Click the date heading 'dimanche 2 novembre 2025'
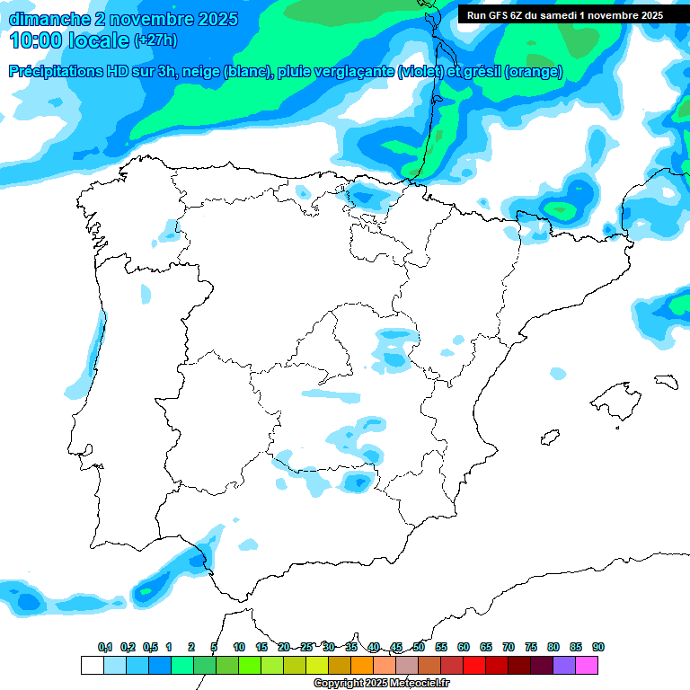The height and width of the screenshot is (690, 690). pyautogui.click(x=123, y=19)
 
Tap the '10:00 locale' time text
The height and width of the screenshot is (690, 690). pyautogui.click(x=70, y=40)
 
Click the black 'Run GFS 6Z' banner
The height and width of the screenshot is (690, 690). pyautogui.click(x=564, y=14)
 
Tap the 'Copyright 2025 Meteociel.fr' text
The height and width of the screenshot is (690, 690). pyautogui.click(x=381, y=684)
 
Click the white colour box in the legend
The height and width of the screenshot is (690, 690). pyautogui.click(x=92, y=666)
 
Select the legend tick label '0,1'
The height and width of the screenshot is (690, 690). pyautogui.click(x=105, y=648)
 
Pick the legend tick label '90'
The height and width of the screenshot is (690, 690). pyautogui.click(x=598, y=648)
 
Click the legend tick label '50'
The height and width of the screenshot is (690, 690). pyautogui.click(x=419, y=648)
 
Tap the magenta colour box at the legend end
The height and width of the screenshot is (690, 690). pyautogui.click(x=587, y=666)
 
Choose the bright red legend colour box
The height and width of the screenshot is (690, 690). pyautogui.click(x=474, y=666)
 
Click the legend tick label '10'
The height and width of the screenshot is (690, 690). pyautogui.click(x=239, y=648)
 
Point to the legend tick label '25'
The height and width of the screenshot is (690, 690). pyautogui.click(x=306, y=648)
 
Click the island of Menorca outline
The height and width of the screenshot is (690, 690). pyautogui.click(x=666, y=382)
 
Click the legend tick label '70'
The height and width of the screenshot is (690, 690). pyautogui.click(x=509, y=648)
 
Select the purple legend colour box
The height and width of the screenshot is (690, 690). pyautogui.click(x=564, y=666)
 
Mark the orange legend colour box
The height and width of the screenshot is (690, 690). pyautogui.click(x=362, y=666)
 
